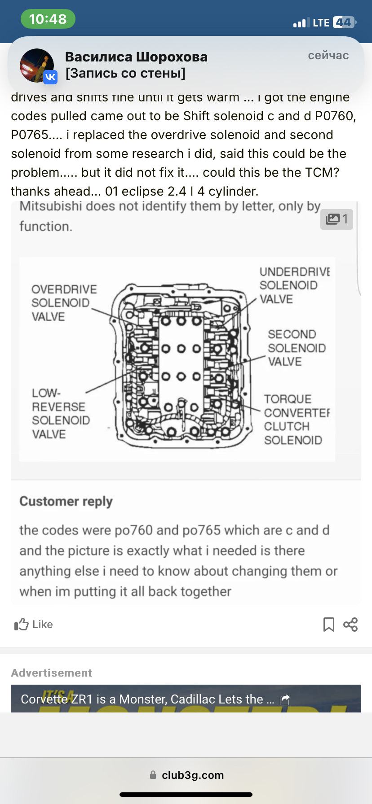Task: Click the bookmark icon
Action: click(329, 624)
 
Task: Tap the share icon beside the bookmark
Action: click(350, 624)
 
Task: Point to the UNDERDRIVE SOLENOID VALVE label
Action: click(294, 285)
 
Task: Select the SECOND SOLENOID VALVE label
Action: click(297, 348)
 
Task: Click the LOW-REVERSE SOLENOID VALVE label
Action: click(61, 414)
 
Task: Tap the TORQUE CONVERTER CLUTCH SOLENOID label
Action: click(297, 419)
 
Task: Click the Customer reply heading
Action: click(66, 501)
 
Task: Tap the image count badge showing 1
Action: click(337, 219)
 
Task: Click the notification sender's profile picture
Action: click(37, 66)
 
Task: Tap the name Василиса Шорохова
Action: click(136, 57)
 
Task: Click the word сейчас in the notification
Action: click(328, 55)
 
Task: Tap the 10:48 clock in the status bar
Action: click(48, 19)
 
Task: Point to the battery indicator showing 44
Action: click(344, 22)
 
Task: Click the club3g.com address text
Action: click(193, 775)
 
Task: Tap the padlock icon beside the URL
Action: click(153, 775)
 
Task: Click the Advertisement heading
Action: click(51, 673)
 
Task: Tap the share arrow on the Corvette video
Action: click(285, 699)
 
